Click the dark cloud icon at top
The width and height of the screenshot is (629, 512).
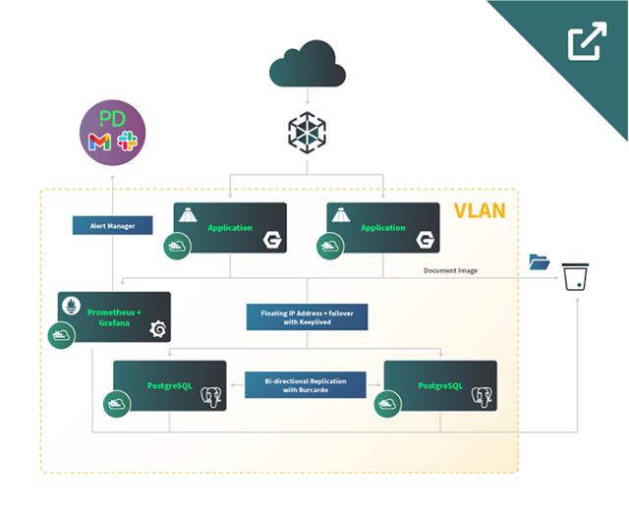click(309, 66)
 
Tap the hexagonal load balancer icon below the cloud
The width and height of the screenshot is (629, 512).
click(307, 132)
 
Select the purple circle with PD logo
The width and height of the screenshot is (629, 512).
click(112, 132)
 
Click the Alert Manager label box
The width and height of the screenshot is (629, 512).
click(112, 225)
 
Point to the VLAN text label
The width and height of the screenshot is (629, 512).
click(480, 211)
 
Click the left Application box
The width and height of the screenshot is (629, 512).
click(230, 228)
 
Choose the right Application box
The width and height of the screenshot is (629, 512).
click(383, 228)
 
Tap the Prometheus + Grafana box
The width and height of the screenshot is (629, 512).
click(114, 316)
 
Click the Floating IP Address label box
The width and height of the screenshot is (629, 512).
click(307, 316)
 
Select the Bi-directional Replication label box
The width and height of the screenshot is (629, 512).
click(306, 383)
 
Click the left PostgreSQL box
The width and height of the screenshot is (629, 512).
click(169, 385)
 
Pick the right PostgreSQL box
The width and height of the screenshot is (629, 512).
click(439, 385)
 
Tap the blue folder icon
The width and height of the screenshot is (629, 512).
click(539, 261)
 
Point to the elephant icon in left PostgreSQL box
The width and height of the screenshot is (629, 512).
click(209, 396)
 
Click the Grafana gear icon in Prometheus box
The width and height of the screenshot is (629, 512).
click(156, 329)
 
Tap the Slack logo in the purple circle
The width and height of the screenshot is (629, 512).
click(127, 142)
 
